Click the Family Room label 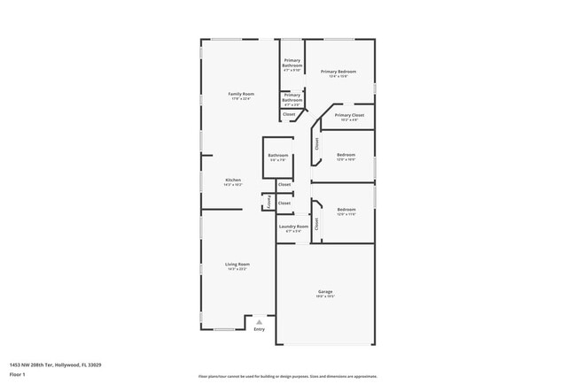[241, 94]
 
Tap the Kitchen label [232, 180]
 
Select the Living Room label [237, 264]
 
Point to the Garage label [325, 291]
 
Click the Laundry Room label [293, 227]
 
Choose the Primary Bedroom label [339, 72]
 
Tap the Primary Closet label [349, 115]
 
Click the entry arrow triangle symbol [259, 322]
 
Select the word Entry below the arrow [259, 330]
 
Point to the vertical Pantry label [269, 203]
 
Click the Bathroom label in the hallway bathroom [277, 156]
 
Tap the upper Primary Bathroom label [292, 64]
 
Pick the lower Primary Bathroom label [292, 96]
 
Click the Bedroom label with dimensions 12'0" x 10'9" [346, 155]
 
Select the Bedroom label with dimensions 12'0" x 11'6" [346, 210]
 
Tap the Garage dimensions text [325, 296]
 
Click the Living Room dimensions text [237, 269]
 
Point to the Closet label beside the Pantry [284, 203]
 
